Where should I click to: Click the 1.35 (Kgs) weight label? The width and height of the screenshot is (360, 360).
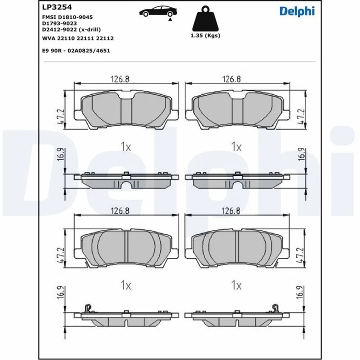[205, 36]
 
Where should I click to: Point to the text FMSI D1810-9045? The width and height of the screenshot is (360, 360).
[65, 17]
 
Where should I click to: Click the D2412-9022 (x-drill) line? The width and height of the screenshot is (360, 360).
[71, 29]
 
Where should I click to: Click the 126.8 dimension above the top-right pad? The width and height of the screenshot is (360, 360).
[231, 78]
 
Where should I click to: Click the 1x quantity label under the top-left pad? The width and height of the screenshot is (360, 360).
[125, 146]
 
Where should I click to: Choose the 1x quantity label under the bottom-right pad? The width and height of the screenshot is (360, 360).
[236, 285]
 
